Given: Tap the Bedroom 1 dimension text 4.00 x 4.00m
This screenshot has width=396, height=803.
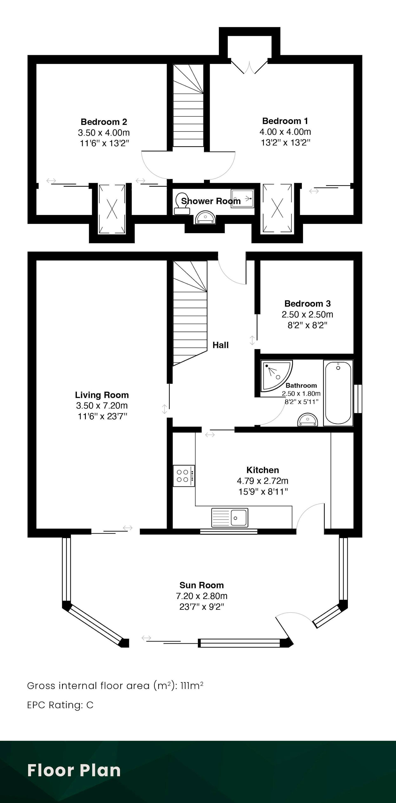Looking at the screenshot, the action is tap(285, 132).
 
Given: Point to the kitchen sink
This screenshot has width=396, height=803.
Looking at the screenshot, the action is tap(230, 518).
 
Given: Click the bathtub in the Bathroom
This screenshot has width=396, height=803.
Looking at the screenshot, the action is tap(338, 393).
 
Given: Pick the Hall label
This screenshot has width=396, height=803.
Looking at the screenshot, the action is tap(220, 345).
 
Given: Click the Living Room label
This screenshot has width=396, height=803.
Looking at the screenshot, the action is tap(102, 395).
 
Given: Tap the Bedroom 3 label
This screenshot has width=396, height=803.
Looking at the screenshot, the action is tap(308, 304).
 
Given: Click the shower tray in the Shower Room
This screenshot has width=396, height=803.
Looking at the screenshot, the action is tap(243, 198).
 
